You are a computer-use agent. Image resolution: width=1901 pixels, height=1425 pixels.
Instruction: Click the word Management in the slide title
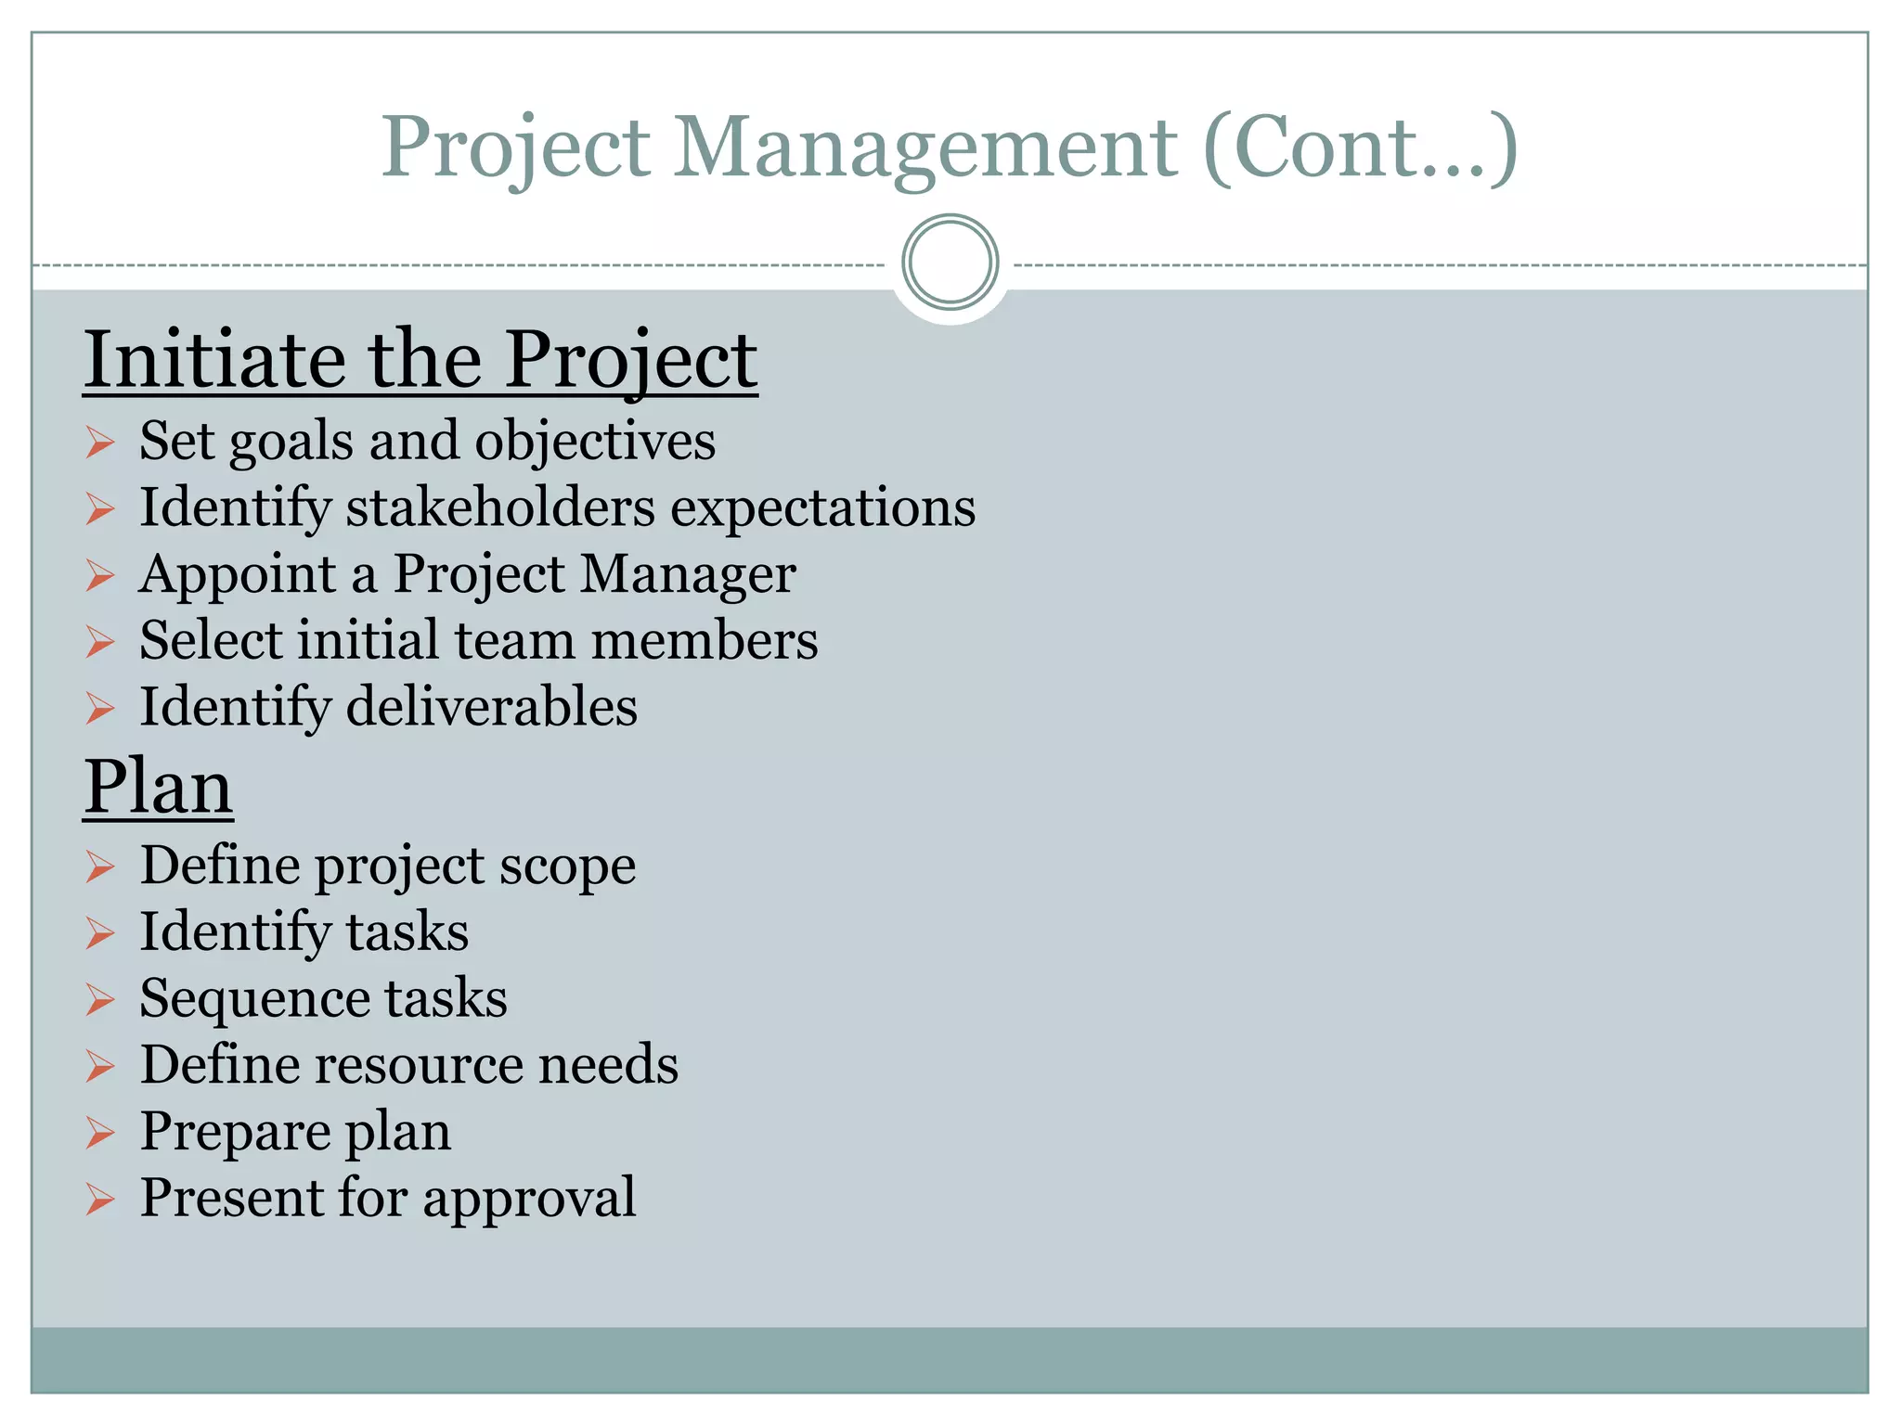point(925,148)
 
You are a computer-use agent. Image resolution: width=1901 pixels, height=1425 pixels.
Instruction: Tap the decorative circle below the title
point(950,262)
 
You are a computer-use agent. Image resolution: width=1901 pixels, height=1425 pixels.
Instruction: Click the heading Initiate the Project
point(420,360)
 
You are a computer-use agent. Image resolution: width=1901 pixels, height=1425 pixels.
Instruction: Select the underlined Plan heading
point(158,787)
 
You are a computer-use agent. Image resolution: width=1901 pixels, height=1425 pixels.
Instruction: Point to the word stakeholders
point(500,507)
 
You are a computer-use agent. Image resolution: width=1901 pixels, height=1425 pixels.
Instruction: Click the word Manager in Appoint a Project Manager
point(688,574)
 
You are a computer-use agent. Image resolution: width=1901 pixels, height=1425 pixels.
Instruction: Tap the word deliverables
point(492,707)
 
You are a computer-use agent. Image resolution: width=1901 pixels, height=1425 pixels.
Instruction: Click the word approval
point(530,1198)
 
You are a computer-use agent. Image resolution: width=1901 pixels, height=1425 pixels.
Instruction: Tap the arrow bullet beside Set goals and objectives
point(99,443)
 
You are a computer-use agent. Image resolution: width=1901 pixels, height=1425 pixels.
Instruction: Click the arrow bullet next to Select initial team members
point(99,642)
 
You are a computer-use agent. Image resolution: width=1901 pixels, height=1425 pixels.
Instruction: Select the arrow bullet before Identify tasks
point(99,933)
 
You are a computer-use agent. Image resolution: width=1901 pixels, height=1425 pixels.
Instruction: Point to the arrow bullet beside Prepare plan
point(99,1133)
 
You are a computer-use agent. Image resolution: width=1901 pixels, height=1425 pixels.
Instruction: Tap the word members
point(705,641)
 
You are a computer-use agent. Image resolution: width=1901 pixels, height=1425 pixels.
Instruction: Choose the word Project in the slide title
point(516,148)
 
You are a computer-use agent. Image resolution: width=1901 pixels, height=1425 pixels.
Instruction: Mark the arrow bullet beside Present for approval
point(99,1200)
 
